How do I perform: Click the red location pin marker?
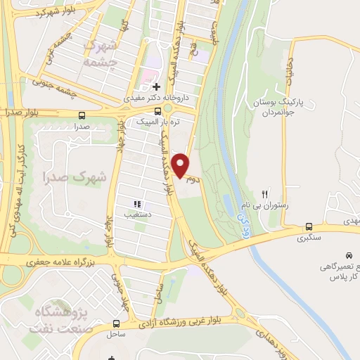[x=181, y=165]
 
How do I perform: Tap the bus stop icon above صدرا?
[x=82, y=115]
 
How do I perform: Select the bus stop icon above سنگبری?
[x=309, y=226]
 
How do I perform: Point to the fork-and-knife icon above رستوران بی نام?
[x=265, y=193]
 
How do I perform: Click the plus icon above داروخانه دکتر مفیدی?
[x=156, y=86]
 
